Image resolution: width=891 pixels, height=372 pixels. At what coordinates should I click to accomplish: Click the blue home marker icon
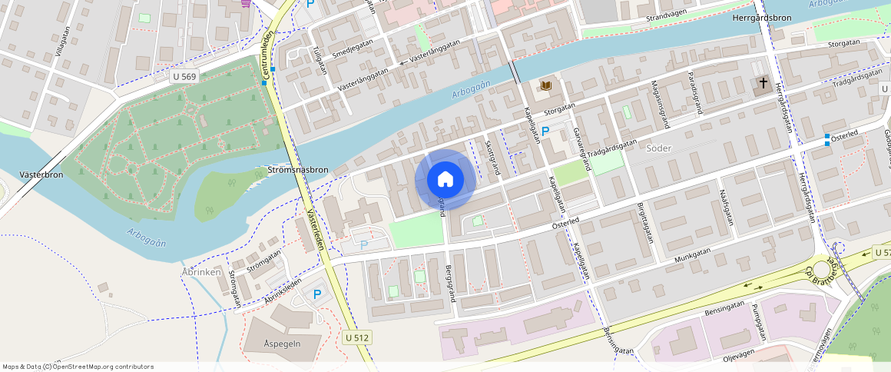445,180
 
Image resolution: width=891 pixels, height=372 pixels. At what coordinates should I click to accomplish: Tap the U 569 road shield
184,76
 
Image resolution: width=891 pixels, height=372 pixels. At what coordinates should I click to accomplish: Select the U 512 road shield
357,337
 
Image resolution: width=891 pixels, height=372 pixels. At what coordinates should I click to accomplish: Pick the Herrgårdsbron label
761,17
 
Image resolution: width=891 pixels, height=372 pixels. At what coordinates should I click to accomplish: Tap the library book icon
546,85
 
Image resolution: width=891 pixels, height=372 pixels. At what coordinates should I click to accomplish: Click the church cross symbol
763,82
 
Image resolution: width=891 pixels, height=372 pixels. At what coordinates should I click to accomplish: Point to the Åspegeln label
282,342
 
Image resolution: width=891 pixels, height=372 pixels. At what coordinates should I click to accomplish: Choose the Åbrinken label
202,272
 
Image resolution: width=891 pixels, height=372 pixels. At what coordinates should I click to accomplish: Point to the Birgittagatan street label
642,203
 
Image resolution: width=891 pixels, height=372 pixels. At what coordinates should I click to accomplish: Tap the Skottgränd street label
492,158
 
